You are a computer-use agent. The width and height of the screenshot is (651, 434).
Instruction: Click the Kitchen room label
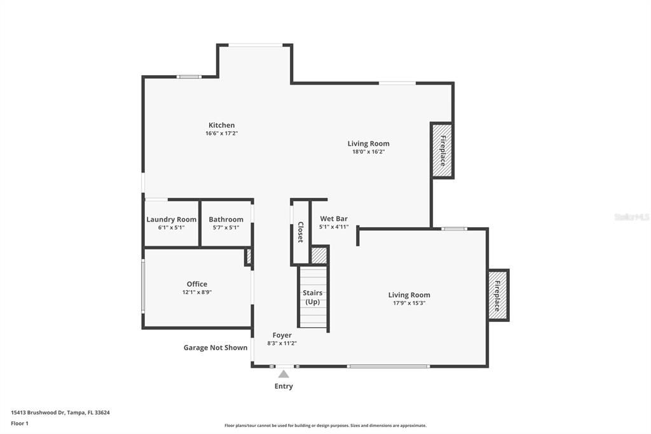[221, 125]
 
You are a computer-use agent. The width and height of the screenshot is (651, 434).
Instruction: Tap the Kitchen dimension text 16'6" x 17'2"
[221, 134]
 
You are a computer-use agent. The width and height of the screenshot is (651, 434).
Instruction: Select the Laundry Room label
[171, 220]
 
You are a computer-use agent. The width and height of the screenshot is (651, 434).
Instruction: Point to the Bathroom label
[226, 220]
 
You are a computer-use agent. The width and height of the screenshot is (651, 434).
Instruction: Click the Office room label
[196, 284]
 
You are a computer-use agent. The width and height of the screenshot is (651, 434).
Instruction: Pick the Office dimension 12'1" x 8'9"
[196, 293]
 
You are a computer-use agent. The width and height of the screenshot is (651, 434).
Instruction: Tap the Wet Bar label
[333, 219]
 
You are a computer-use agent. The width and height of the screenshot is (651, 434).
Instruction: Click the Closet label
[300, 232]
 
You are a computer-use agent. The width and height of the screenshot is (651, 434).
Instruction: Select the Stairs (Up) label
[312, 297]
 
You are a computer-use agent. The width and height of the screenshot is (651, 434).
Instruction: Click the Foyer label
[282, 335]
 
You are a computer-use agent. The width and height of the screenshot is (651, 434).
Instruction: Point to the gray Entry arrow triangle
[284, 374]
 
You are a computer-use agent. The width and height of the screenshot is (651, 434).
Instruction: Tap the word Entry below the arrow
[284, 386]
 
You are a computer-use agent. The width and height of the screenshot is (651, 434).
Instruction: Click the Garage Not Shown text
[216, 348]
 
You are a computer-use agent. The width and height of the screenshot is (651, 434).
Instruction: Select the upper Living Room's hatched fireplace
[442, 150]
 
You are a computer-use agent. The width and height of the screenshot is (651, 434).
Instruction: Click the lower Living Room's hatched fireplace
[497, 295]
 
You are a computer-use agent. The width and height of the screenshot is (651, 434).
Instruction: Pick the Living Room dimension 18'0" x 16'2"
[368, 152]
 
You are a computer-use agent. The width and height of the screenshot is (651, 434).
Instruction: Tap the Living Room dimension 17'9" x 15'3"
[409, 304]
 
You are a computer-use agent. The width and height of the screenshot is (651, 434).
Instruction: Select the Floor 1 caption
[20, 423]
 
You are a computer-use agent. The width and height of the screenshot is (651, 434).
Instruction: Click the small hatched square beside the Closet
[319, 256]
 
